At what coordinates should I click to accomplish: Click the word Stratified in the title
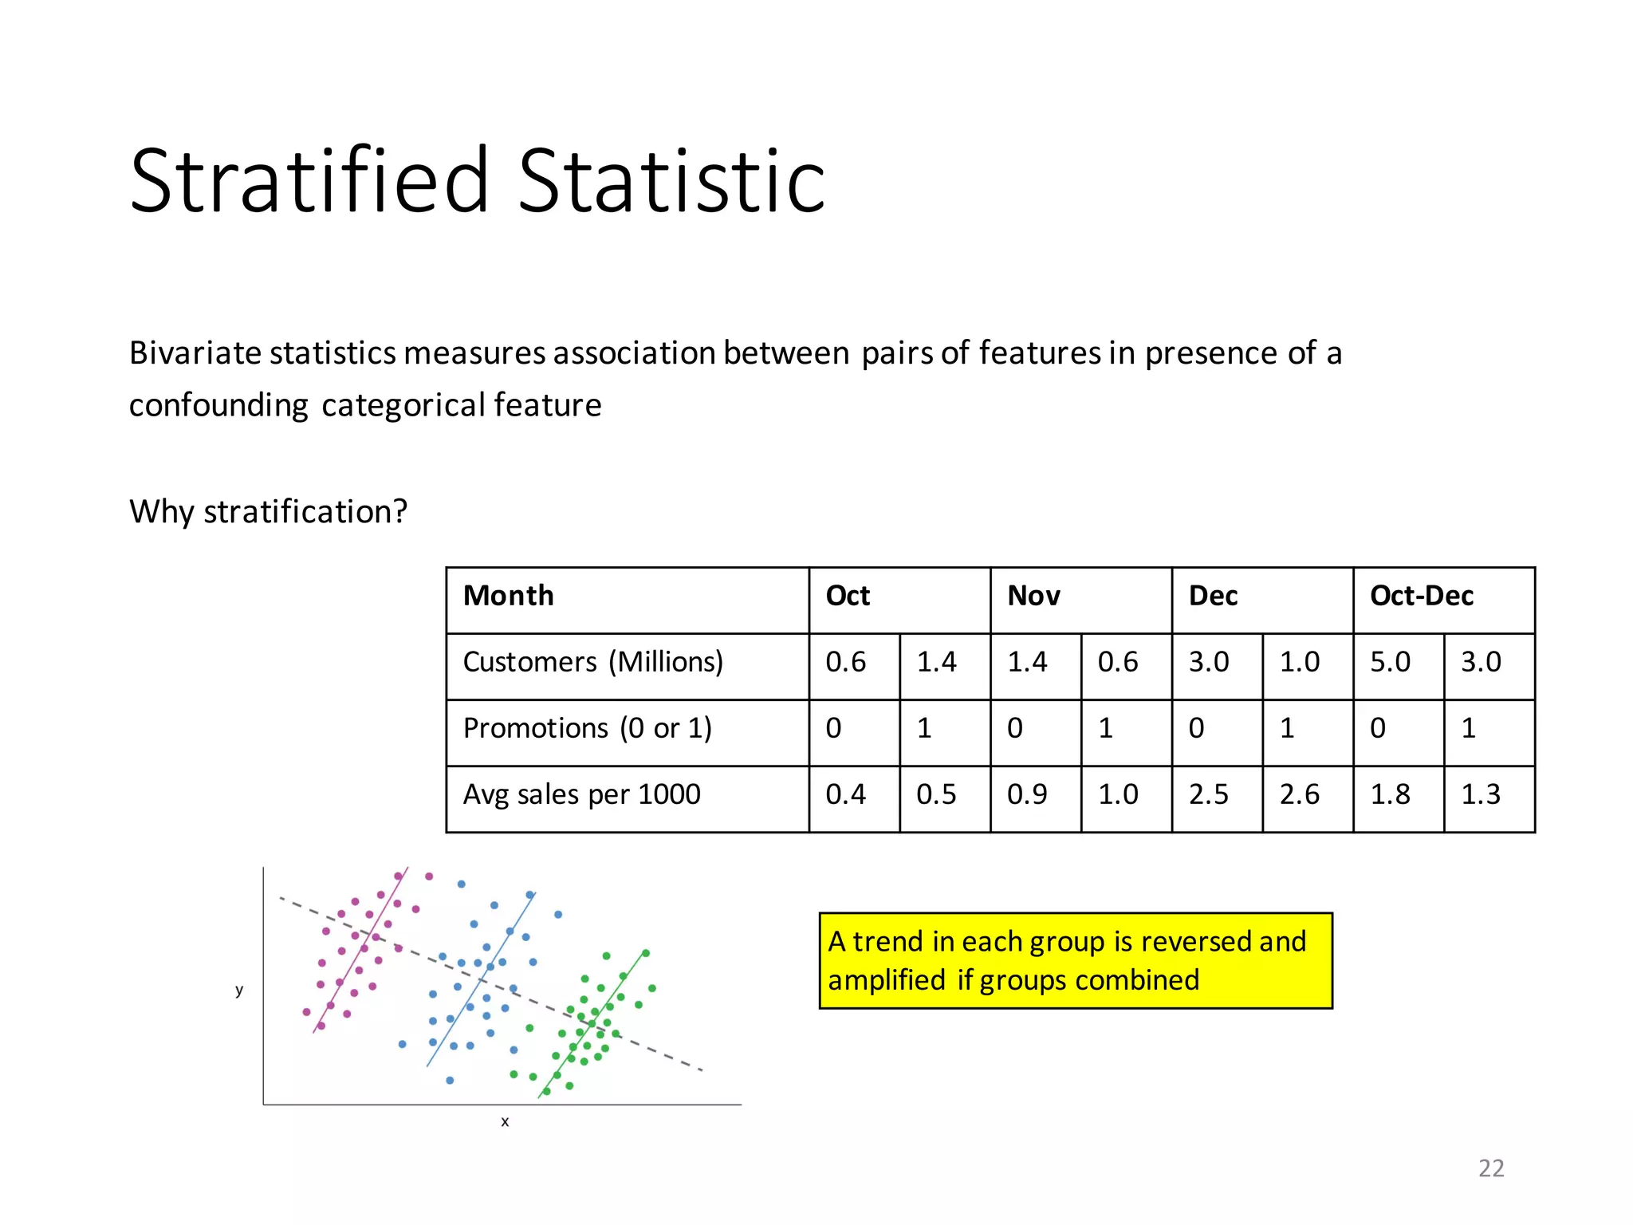pos(309,181)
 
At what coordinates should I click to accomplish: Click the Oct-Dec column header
pos(1421,596)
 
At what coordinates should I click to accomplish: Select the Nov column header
pos(1033,596)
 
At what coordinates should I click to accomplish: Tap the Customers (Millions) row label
pos(592,662)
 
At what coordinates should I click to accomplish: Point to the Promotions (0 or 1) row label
pos(587,728)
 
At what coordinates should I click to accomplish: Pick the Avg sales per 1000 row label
pos(581,794)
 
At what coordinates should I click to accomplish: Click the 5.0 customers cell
pos(1390,662)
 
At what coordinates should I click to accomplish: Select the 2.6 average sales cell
pos(1299,794)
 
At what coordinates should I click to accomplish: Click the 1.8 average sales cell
pos(1390,794)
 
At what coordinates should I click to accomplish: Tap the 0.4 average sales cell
pos(845,794)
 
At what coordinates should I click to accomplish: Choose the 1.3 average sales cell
pos(1481,794)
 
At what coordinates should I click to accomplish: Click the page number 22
pos(1490,1168)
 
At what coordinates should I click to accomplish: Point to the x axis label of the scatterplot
pos(505,1121)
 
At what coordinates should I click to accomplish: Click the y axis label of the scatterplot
pos(239,990)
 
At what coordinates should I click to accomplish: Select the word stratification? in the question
pos(305,512)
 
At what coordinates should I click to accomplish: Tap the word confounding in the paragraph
pos(218,406)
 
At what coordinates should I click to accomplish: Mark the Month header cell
pos(508,596)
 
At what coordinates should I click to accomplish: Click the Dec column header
pos(1213,596)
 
